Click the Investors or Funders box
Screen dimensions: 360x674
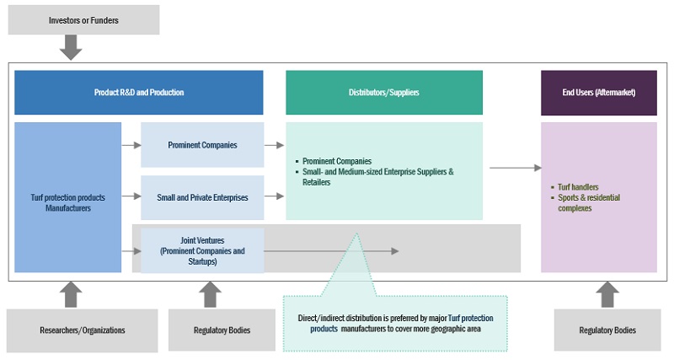(x=83, y=19)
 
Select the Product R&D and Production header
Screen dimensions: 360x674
(x=139, y=92)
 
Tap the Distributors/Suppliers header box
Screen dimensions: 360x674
(x=384, y=92)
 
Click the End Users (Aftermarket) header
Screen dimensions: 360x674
(x=598, y=92)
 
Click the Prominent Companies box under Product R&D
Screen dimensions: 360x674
(x=202, y=145)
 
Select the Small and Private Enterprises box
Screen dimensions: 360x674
(x=202, y=197)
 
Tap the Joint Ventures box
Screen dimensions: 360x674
(x=202, y=250)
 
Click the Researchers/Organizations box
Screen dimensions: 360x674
(x=82, y=330)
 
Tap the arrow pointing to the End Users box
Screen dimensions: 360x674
(x=516, y=168)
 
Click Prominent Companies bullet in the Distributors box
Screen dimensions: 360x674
(x=337, y=160)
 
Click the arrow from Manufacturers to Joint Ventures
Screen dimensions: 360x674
(x=131, y=250)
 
